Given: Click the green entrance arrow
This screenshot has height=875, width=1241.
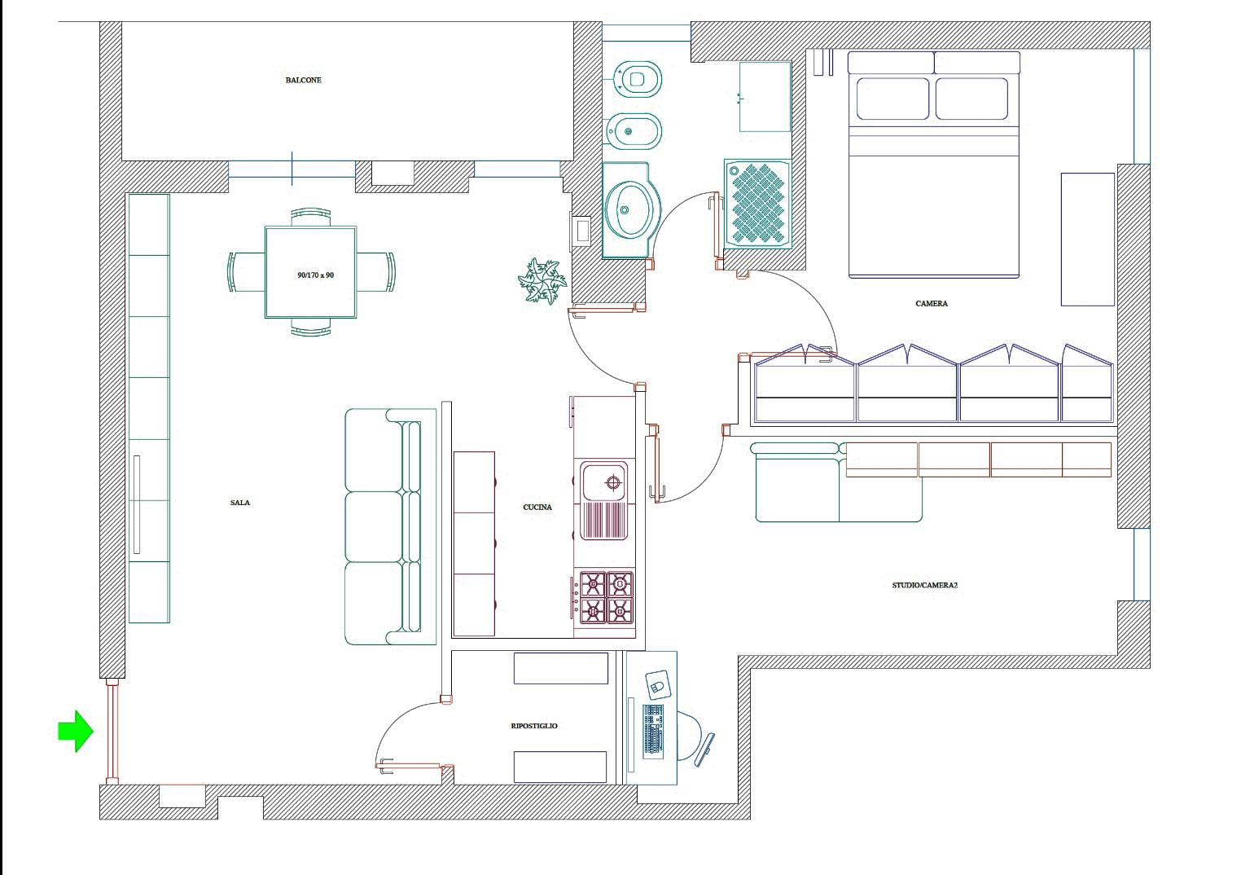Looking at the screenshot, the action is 76,731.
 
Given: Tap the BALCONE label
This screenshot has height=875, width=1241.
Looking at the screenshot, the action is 303,81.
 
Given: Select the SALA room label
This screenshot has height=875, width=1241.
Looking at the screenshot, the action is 240,503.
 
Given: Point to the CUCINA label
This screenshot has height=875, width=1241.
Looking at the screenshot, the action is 537,507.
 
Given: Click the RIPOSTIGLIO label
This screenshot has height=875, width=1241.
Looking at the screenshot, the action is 534,726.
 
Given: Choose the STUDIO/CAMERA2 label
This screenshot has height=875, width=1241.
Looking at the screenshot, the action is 925,585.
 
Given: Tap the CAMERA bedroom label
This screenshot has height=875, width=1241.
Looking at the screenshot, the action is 932,304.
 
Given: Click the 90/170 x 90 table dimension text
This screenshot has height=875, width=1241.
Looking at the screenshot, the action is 315,275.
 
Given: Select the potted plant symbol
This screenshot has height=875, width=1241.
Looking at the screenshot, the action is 542,281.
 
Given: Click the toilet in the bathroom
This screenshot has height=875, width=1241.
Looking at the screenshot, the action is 637,79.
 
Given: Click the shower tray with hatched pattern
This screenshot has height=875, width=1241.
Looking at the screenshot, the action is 757,204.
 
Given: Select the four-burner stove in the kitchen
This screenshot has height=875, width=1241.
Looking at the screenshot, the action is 606,598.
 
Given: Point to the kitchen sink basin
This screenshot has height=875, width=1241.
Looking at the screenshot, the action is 603,482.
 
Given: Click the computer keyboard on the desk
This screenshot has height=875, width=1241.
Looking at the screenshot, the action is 653,731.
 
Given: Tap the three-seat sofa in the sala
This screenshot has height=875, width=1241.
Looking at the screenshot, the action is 391,527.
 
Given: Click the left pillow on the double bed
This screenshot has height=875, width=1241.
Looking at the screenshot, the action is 892,99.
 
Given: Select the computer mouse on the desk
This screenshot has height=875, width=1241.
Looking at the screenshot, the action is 658,685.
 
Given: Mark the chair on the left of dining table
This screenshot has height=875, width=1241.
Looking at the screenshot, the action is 246,271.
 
